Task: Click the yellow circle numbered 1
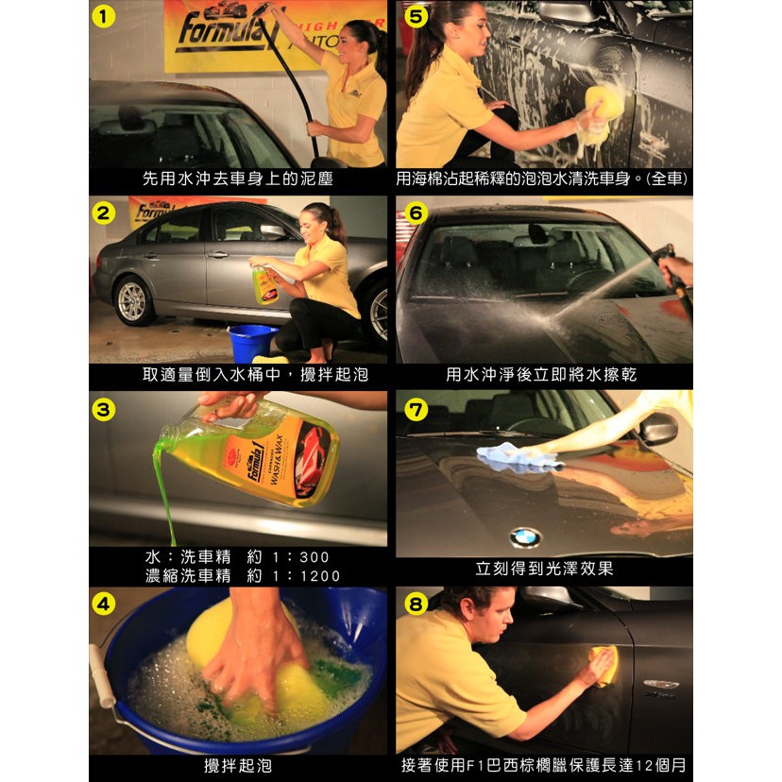click(103, 16)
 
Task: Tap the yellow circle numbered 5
click(416, 16)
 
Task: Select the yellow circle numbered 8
click(416, 604)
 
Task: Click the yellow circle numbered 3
click(103, 410)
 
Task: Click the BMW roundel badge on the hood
click(525, 537)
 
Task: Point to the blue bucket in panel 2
click(253, 342)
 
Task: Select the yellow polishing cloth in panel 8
click(605, 666)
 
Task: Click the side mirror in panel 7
click(659, 428)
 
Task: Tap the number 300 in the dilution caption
click(314, 557)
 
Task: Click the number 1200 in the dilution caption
click(319, 576)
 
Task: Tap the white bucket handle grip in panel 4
click(102, 676)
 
